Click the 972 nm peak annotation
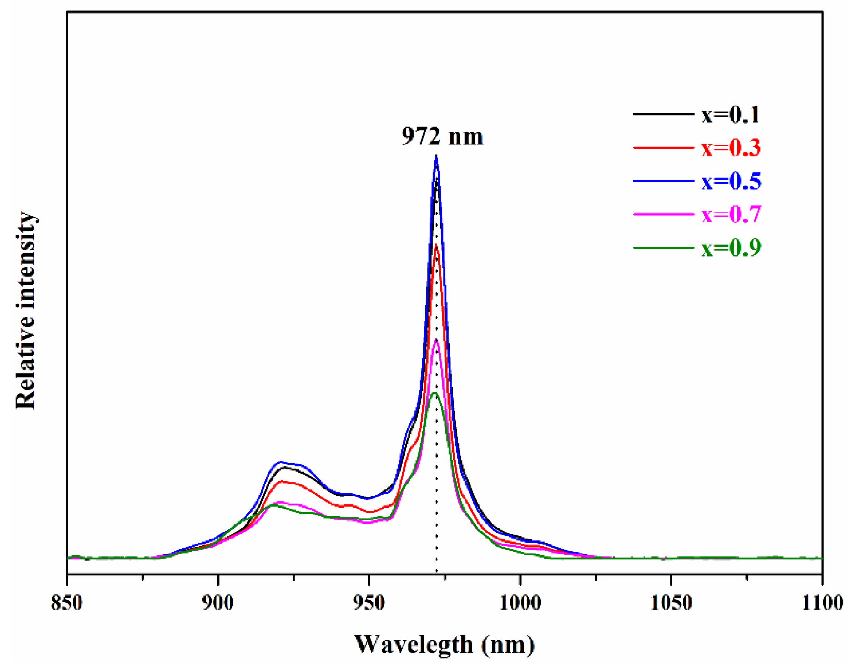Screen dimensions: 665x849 [x=442, y=136]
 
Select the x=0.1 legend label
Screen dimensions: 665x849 [x=731, y=114]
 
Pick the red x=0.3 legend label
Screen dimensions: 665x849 [x=731, y=148]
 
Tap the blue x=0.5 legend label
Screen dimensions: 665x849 [x=731, y=181]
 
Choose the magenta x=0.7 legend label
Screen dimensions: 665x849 [x=731, y=214]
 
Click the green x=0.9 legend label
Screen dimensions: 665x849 [x=731, y=248]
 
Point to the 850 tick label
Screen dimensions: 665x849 [x=67, y=603]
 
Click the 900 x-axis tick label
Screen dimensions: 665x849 [x=218, y=603]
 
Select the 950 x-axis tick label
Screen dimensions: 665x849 [x=369, y=603]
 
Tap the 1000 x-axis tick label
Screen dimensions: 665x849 [x=521, y=603]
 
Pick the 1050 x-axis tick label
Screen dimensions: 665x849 [x=672, y=603]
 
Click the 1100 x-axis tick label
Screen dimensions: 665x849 [x=822, y=603]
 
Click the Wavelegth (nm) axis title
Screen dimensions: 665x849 [x=445, y=645]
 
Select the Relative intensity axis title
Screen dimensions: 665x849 [x=25, y=311]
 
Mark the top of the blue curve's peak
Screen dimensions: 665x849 [x=436, y=157]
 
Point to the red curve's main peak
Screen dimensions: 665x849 [x=436, y=246]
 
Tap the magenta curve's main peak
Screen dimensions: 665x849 [x=436, y=340]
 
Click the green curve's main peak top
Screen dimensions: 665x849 [x=435, y=393]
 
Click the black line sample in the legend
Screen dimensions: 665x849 [x=663, y=114]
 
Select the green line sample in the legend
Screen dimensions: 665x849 [x=663, y=248]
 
